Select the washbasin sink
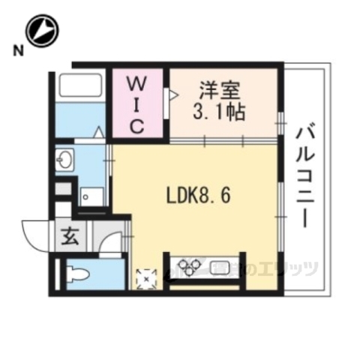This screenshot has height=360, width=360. pyautogui.click(x=66, y=160)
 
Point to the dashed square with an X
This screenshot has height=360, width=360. pyautogui.click(x=144, y=277)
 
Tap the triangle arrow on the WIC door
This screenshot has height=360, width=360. pyautogui.click(x=172, y=95)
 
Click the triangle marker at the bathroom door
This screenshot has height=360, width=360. pyautogui.click(x=98, y=132)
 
